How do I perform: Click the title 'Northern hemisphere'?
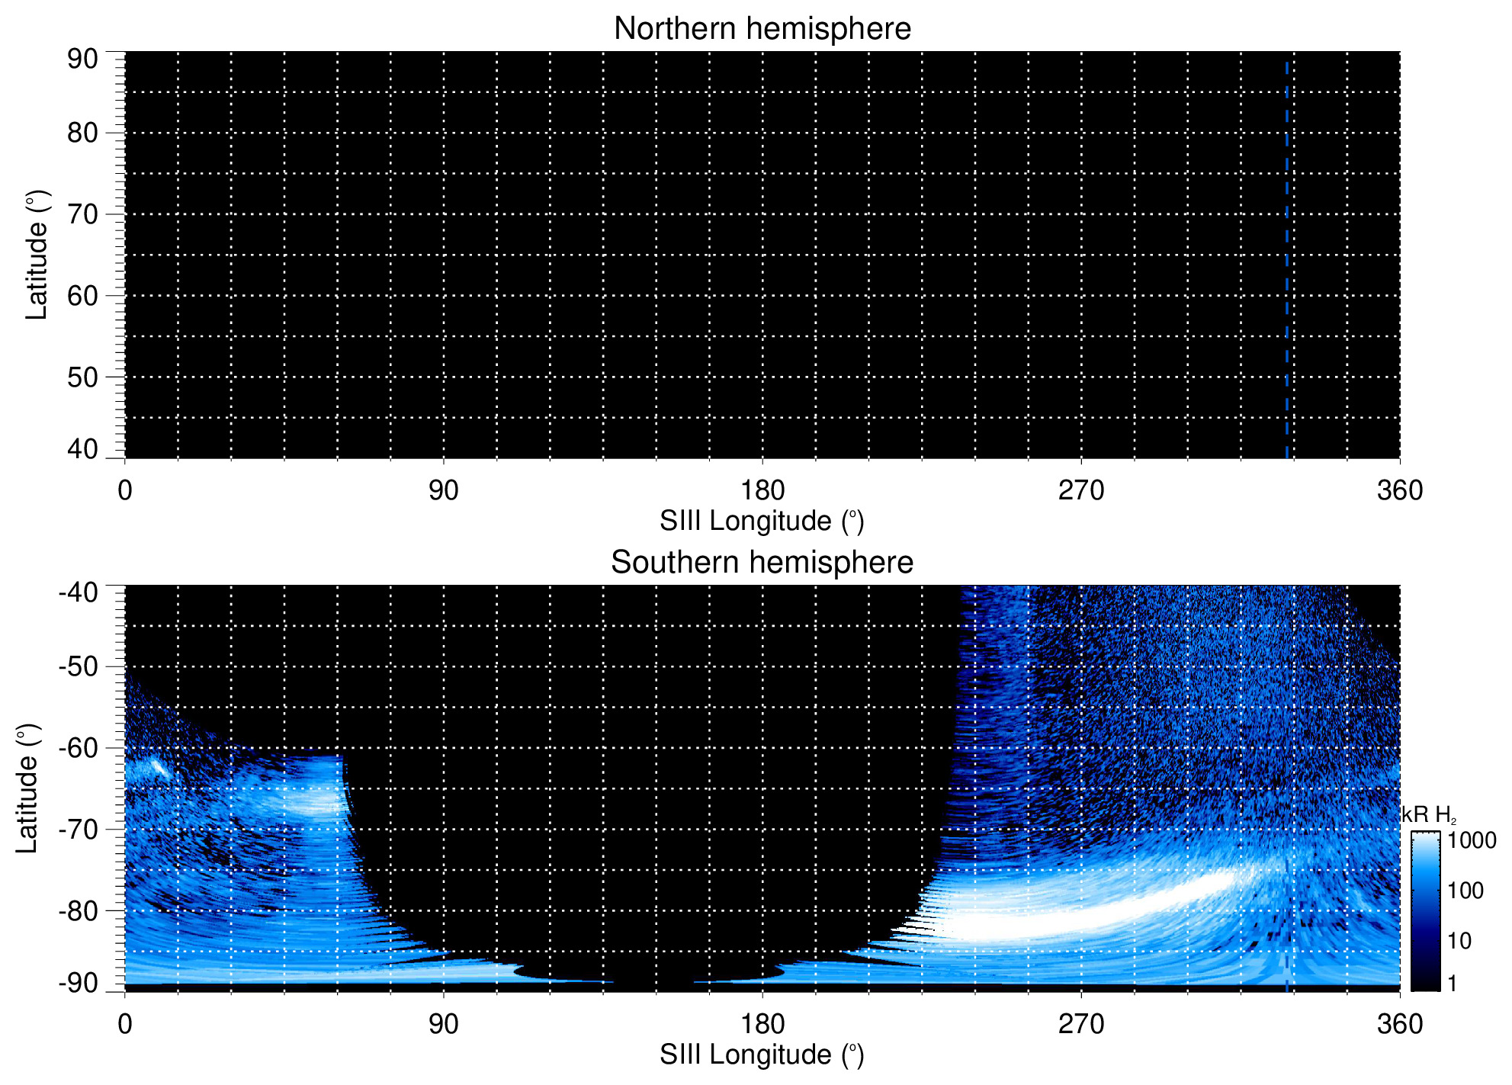(x=762, y=29)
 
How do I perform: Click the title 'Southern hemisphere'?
(x=762, y=563)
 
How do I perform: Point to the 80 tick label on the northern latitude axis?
(x=82, y=133)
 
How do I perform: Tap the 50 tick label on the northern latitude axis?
(x=82, y=377)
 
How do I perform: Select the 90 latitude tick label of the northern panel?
(x=82, y=59)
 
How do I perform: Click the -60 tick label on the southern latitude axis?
(x=79, y=747)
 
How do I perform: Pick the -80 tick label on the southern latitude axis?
(x=79, y=910)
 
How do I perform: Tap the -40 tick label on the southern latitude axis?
(x=79, y=592)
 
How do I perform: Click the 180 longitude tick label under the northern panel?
(x=762, y=490)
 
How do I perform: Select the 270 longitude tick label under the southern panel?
(x=1081, y=1024)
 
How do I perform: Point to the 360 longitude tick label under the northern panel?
(x=1400, y=490)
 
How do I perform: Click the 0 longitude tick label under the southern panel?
(x=125, y=1024)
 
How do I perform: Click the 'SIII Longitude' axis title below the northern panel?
(x=762, y=522)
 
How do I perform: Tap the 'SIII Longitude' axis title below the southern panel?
(x=762, y=1055)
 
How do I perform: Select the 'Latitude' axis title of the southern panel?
(x=27, y=788)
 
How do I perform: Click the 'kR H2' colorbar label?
(x=1428, y=815)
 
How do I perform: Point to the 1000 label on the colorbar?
(x=1472, y=840)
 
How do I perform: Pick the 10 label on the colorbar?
(x=1459, y=941)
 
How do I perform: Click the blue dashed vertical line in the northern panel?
(x=1286, y=259)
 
